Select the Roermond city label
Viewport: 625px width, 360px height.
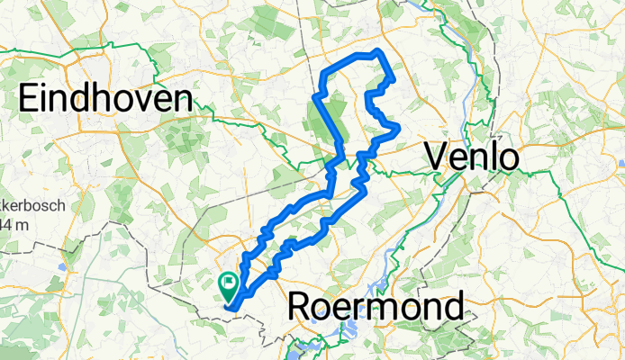(x=376, y=309)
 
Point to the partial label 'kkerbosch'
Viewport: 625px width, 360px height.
(x=32, y=205)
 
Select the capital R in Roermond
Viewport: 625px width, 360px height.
(x=301, y=309)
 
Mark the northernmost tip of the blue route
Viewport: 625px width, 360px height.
(x=377, y=50)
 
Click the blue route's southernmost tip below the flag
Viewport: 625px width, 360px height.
(x=232, y=311)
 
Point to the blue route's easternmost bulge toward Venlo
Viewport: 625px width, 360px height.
(x=398, y=130)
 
